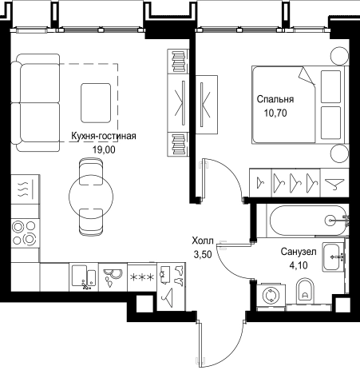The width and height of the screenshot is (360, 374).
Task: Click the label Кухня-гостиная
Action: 104,136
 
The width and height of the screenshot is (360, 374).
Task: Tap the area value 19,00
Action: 104,149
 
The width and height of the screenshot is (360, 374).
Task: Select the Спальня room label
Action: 275,99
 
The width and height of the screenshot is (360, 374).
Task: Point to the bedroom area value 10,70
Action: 275,113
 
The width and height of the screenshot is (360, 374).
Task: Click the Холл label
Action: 203,241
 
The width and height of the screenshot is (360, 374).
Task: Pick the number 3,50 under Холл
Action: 203,255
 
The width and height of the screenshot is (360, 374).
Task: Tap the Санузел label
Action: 299,252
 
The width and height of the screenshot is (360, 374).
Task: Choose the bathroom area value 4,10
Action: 299,265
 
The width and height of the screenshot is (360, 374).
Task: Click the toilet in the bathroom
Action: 305,290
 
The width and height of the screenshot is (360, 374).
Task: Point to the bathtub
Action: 308,221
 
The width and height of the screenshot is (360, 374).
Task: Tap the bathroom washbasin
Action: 331,257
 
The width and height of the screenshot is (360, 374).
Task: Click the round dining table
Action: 91,197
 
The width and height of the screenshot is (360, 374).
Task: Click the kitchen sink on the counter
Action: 84,277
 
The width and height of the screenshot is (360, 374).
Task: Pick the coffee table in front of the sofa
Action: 96,103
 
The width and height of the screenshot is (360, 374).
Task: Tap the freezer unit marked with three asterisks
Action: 142,277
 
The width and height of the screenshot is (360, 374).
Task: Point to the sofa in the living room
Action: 35,103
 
